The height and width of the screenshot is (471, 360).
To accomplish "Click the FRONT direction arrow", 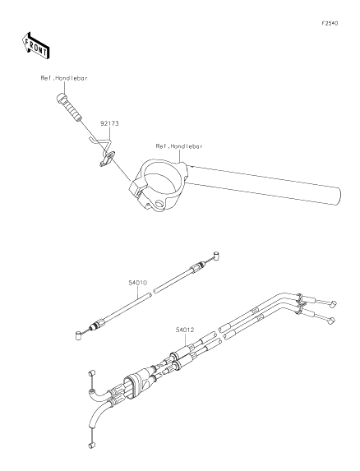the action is [35, 46].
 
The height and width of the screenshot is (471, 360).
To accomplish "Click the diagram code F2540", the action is [330, 24].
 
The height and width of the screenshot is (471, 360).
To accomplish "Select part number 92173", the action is [109, 123].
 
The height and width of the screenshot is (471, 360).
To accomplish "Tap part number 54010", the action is [138, 283].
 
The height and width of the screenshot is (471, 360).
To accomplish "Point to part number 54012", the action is [185, 330].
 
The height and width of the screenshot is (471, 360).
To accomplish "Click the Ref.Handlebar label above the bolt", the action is [64, 78].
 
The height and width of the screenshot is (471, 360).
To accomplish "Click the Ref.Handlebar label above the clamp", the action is [179, 146].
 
